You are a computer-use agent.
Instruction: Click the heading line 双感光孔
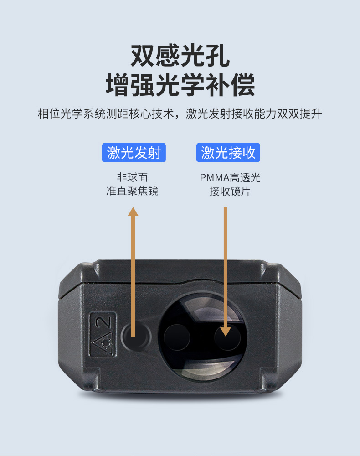click(180, 56)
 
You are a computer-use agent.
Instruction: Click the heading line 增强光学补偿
click(180, 85)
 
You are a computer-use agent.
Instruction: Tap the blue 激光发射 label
click(134, 152)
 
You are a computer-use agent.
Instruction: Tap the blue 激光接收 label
click(228, 152)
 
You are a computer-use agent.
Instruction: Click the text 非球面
click(132, 177)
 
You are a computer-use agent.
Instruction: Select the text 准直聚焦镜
click(132, 191)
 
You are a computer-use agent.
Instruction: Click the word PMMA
click(215, 178)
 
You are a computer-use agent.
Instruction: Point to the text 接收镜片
click(230, 192)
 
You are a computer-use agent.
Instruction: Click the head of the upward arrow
click(133, 212)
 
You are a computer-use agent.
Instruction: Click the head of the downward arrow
click(226, 332)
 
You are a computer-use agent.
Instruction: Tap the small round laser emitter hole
click(136, 337)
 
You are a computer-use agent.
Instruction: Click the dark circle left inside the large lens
click(177, 337)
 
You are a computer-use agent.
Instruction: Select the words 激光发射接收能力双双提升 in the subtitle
click(254, 114)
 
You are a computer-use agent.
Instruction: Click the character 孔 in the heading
click(218, 56)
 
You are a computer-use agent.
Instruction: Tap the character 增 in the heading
click(118, 85)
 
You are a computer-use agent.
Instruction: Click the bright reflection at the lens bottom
click(203, 370)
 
